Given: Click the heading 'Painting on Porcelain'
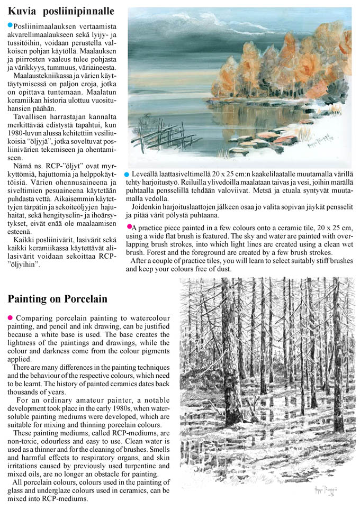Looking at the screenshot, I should click(x=57, y=299).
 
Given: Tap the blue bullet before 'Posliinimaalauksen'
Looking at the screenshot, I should click(x=10, y=25).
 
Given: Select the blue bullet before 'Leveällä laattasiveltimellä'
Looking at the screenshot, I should click(x=127, y=174).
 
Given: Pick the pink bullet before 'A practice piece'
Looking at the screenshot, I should click(x=129, y=226).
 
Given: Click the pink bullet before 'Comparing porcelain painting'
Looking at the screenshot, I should click(x=10, y=317).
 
